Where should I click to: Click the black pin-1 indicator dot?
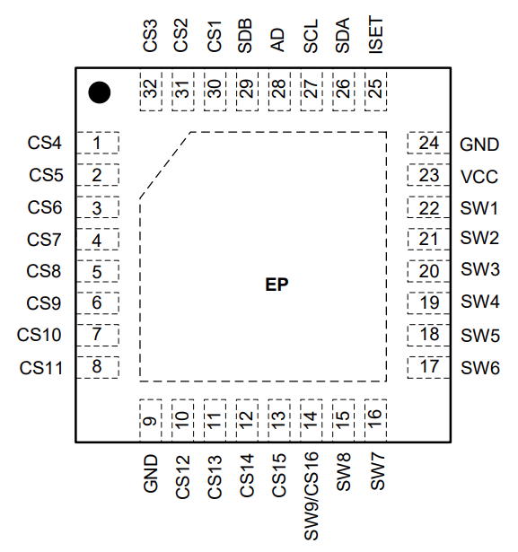click(x=99, y=92)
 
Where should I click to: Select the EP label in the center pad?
click(x=277, y=285)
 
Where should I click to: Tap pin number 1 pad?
click(x=97, y=143)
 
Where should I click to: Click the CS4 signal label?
click(x=45, y=143)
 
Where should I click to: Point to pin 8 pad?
click(x=97, y=366)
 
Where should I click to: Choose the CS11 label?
click(x=41, y=366)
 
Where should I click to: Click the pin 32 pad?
click(x=150, y=90)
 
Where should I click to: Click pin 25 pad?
click(x=375, y=90)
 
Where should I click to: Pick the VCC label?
click(x=478, y=176)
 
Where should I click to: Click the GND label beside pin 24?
click(x=479, y=144)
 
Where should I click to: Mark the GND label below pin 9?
click(x=150, y=473)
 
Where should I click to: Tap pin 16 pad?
click(x=375, y=419)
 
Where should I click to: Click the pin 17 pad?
click(x=429, y=366)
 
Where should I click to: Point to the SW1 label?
click(x=479, y=207)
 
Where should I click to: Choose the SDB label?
click(x=245, y=38)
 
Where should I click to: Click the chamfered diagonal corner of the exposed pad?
click(x=165, y=165)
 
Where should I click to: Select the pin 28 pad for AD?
click(x=278, y=90)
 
